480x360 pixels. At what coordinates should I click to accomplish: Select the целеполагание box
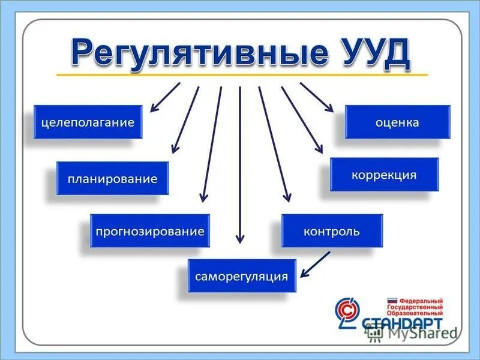88,122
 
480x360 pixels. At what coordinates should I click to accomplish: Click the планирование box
113,178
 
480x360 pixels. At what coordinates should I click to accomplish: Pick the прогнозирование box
150,231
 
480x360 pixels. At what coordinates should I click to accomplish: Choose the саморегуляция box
242,277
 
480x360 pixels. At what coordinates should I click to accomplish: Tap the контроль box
332,231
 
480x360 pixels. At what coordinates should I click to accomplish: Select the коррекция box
384,175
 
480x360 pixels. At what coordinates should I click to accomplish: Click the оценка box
397,122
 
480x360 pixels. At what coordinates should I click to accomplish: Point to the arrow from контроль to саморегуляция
316,264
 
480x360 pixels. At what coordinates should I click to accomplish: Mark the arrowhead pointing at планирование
175,148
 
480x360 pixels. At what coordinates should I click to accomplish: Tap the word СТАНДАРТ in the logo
403,323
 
